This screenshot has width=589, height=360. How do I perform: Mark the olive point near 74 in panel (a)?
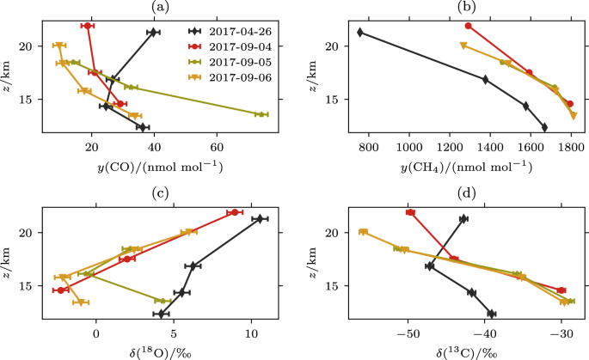click(261, 114)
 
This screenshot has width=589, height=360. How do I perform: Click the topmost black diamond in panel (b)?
click(360, 33)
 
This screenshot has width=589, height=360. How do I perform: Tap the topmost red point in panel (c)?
click(235, 212)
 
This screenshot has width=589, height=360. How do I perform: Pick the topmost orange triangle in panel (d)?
click(363, 232)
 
